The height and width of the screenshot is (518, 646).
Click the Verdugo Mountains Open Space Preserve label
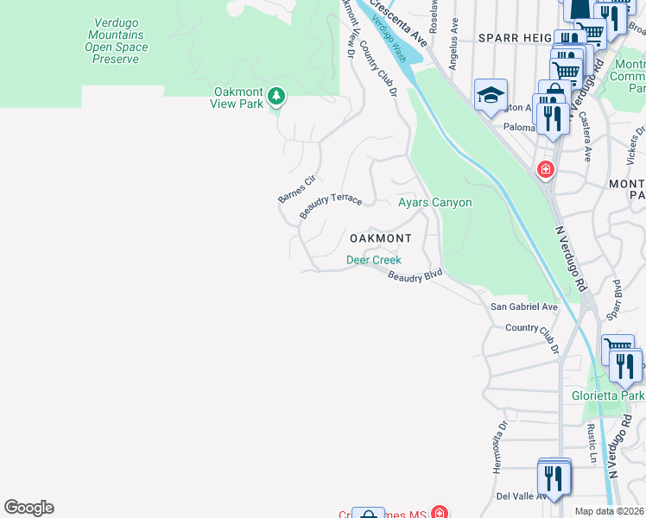pyautogui.click(x=116, y=41)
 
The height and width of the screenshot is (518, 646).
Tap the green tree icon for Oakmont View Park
pyautogui.click(x=276, y=95)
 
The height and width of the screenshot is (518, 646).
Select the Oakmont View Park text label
pyautogui.click(x=237, y=98)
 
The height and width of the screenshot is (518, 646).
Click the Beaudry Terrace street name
pyautogui.click(x=331, y=205)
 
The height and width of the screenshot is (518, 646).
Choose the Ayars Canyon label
pyautogui.click(x=434, y=203)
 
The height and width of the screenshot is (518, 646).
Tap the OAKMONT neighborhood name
pyautogui.click(x=380, y=237)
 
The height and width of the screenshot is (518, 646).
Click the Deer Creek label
pyautogui.click(x=374, y=260)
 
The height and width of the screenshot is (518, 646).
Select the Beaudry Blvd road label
pyautogui.click(x=415, y=276)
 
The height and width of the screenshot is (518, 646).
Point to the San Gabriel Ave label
pyautogui.click(x=524, y=306)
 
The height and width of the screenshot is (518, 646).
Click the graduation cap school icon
pyautogui.click(x=491, y=95)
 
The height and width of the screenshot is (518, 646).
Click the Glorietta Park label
pyautogui.click(x=608, y=395)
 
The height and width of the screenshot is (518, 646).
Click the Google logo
pyautogui.click(x=28, y=508)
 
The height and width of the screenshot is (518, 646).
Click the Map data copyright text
pyautogui.click(x=610, y=511)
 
